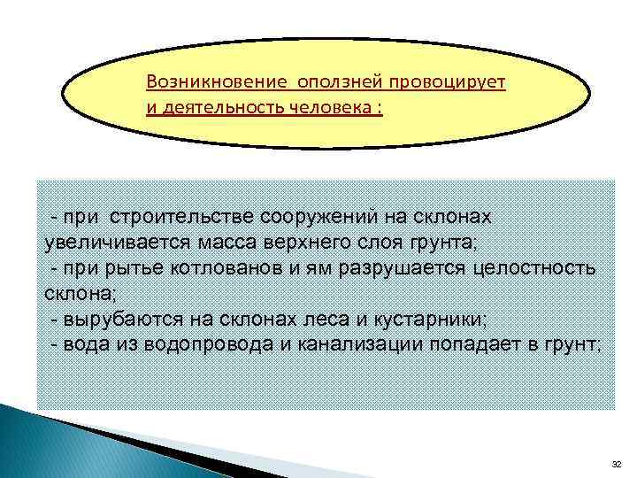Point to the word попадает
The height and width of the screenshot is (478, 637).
(x=474, y=345)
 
